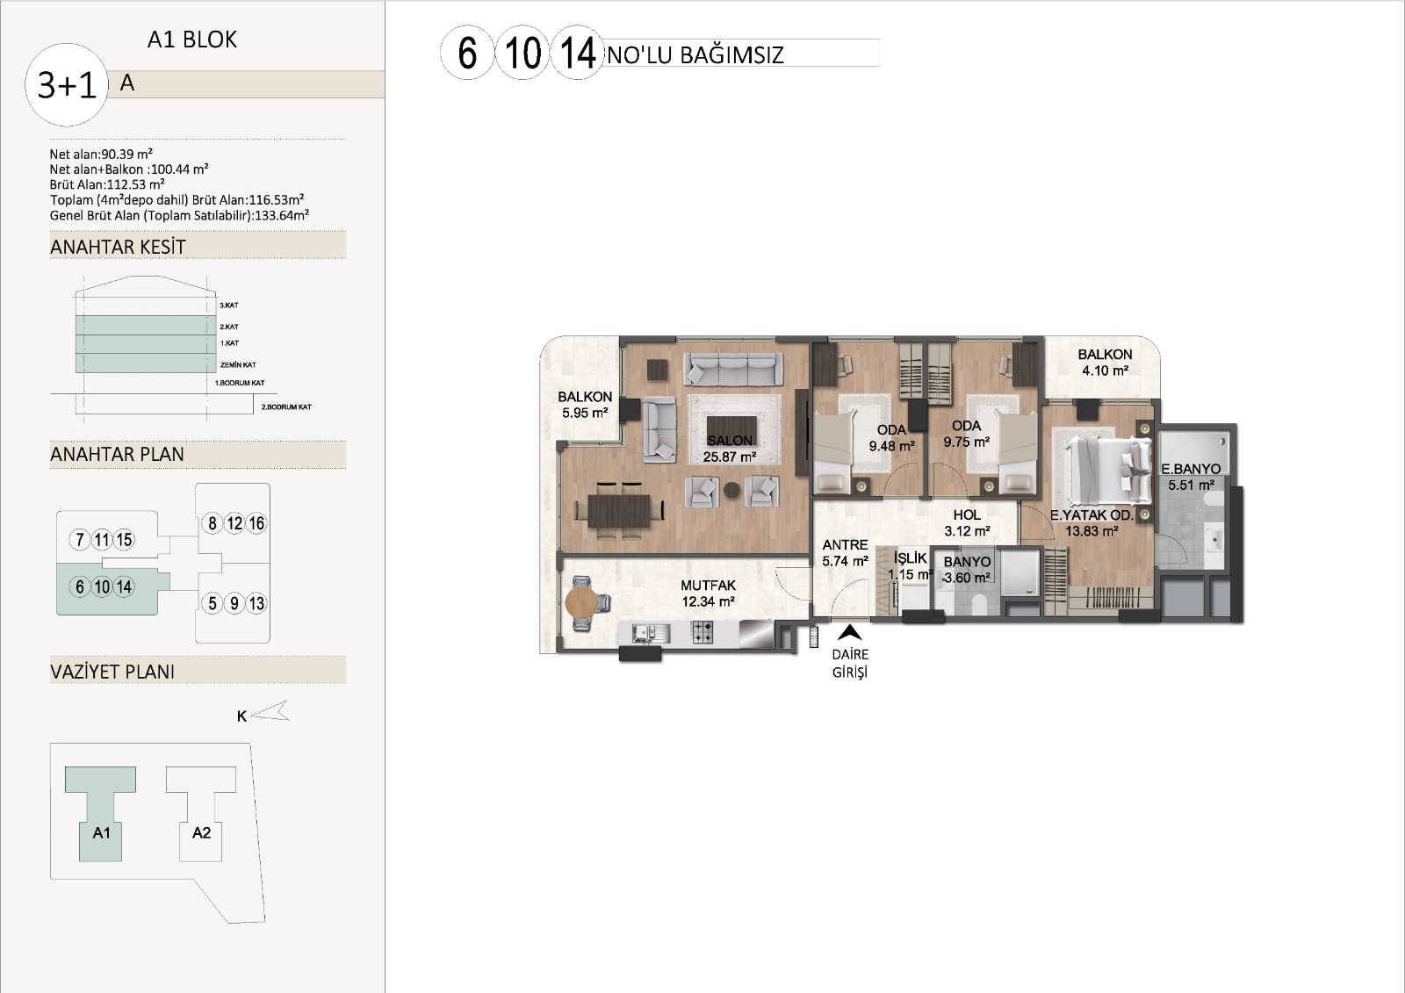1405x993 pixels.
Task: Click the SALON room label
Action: click(729, 441)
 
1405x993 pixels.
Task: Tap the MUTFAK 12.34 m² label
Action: click(708, 594)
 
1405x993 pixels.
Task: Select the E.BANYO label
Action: click(1191, 469)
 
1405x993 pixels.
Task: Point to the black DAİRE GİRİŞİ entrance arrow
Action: click(850, 631)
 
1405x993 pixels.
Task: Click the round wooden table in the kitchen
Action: click(581, 602)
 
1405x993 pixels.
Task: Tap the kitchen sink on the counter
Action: click(642, 634)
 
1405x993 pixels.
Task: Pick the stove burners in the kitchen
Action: click(702, 632)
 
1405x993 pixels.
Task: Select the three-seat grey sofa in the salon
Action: click(733, 369)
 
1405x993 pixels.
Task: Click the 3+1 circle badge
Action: click(67, 84)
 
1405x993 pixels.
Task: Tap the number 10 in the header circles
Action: click(522, 54)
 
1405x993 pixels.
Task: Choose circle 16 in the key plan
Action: click(256, 523)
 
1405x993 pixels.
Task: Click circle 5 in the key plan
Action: click(213, 603)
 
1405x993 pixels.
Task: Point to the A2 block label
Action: click(201, 833)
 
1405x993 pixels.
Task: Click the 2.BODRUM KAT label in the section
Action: click(286, 407)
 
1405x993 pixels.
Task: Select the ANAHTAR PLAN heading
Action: click(118, 454)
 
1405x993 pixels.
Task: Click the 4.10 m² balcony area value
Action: click(1106, 371)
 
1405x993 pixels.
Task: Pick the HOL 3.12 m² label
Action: click(967, 523)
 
